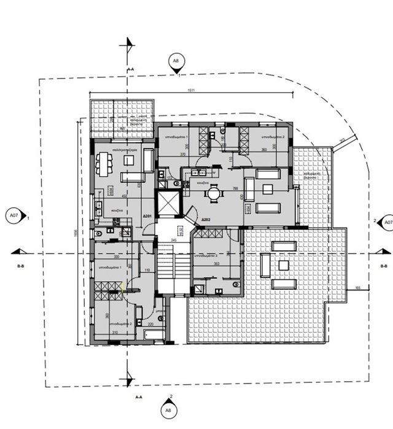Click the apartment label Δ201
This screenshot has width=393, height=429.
click(x=147, y=217)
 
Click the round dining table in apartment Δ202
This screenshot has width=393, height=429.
click(x=214, y=194)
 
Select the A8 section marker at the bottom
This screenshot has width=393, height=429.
click(x=168, y=409)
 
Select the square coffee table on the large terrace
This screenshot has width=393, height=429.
click(x=283, y=265)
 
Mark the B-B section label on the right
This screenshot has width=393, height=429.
click(x=384, y=266)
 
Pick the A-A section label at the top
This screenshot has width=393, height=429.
click(x=130, y=71)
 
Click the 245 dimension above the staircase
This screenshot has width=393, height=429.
click(x=174, y=241)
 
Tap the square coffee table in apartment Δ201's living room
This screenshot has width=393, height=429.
click(x=130, y=160)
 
